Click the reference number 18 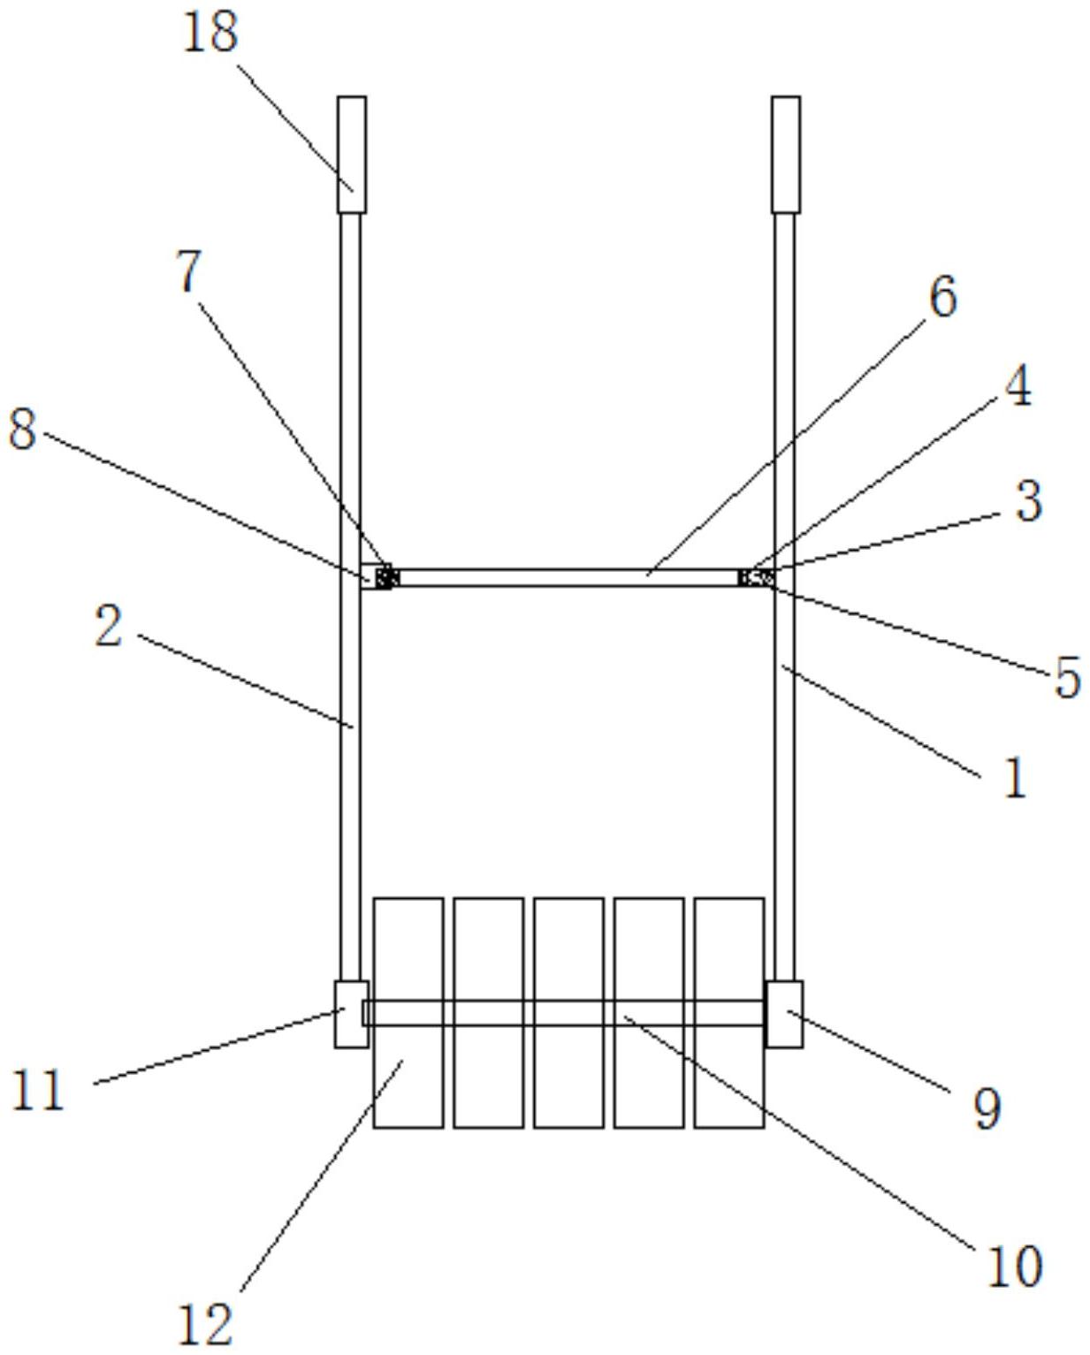(x=210, y=33)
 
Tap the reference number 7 (x=189, y=272)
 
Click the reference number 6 (x=942, y=297)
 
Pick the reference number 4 (x=1018, y=387)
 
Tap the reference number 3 (x=1027, y=501)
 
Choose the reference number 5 (x=1067, y=679)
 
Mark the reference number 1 (x=1016, y=780)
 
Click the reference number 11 (x=38, y=1090)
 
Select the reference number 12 (x=205, y=1323)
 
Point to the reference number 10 (x=1014, y=1267)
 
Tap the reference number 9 (x=987, y=1108)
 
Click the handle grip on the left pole (x=351, y=155)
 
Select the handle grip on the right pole (x=785, y=155)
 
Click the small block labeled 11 (x=350, y=1014)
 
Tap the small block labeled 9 (x=784, y=1014)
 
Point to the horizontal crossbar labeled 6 (x=566, y=578)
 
